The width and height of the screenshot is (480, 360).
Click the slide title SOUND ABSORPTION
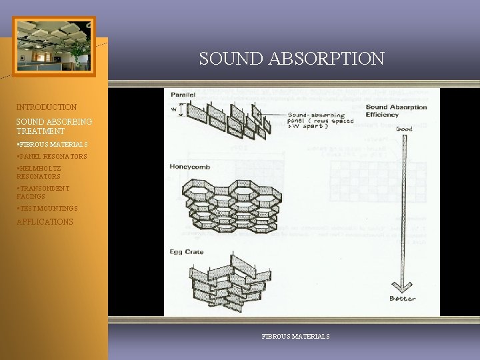click(x=291, y=59)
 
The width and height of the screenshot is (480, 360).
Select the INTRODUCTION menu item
click(x=47, y=107)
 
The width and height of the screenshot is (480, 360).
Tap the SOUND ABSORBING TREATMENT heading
click(x=55, y=127)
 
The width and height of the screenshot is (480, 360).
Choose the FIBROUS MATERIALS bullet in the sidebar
click(x=53, y=144)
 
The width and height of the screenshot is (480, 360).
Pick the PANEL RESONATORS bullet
click(x=53, y=157)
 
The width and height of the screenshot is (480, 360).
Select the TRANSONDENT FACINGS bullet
click(x=43, y=193)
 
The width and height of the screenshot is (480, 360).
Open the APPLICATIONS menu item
click(x=45, y=222)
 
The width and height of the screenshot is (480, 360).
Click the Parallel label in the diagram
click(x=183, y=95)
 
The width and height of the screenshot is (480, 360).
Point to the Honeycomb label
click(x=190, y=167)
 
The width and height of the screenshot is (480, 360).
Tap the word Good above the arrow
click(x=404, y=128)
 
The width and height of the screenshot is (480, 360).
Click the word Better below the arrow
click(x=403, y=298)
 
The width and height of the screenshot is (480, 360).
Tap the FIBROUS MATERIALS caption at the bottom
click(x=295, y=337)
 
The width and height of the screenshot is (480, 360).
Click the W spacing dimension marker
click(x=174, y=109)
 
